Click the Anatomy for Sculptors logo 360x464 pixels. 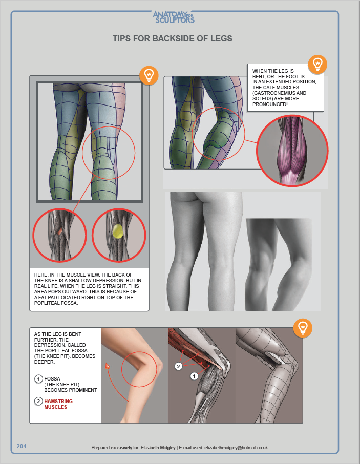click(x=174, y=17)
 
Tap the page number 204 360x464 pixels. click(x=22, y=446)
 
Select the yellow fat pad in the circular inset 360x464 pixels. click(x=118, y=231)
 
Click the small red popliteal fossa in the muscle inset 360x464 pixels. click(x=59, y=231)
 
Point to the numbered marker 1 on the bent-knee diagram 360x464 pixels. click(x=194, y=376)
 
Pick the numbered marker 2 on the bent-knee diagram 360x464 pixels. click(x=178, y=366)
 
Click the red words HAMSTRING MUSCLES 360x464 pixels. click(x=58, y=404)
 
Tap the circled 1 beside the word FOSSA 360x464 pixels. click(x=38, y=379)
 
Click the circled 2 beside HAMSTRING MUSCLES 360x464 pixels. click(x=38, y=402)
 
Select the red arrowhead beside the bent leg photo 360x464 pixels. click(x=107, y=366)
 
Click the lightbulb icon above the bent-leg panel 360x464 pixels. click(x=303, y=328)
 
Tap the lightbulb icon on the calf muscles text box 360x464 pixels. click(x=317, y=64)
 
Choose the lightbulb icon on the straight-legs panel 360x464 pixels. click(x=149, y=75)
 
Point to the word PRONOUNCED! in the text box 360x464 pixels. click(x=270, y=104)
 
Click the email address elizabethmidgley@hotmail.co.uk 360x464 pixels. click(x=236, y=448)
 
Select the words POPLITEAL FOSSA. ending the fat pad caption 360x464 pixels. click(x=56, y=303)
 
